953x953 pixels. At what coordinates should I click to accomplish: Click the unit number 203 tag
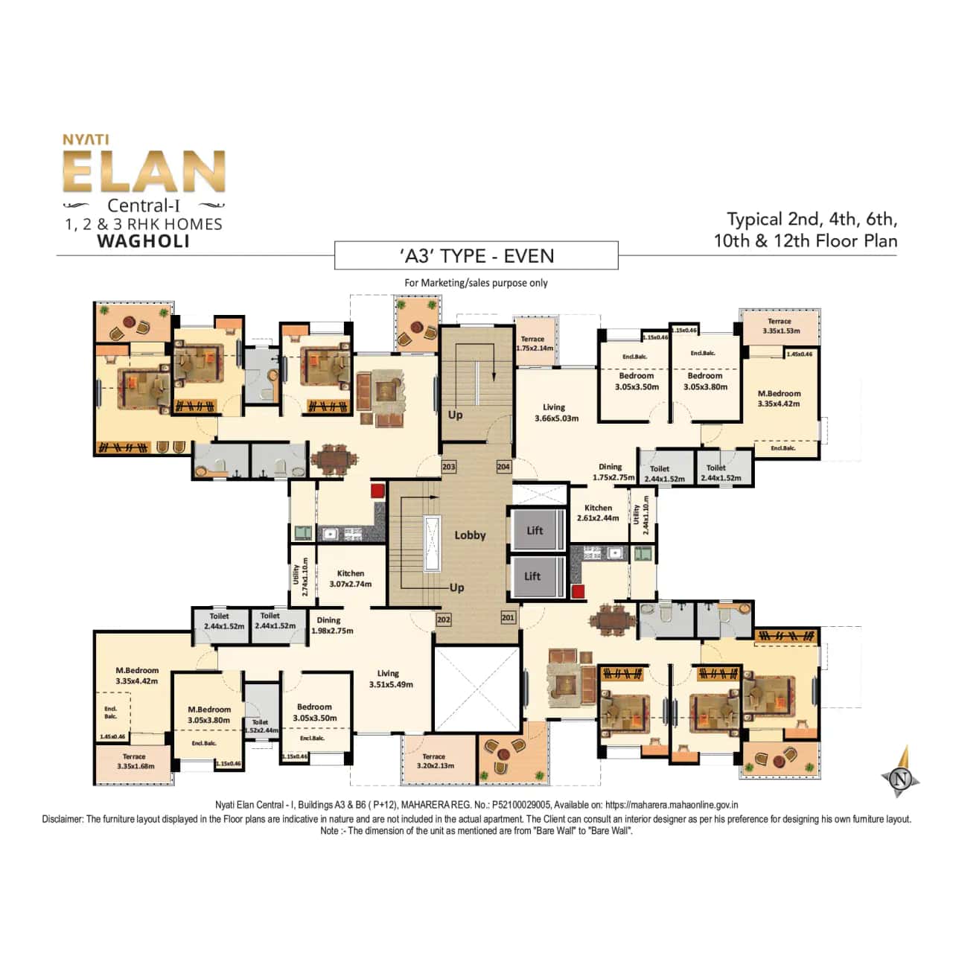click(x=449, y=467)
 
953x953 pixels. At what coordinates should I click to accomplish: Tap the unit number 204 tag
click(x=503, y=467)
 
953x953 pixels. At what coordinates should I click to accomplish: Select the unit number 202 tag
click(x=444, y=619)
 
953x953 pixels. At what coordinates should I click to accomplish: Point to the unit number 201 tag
click(x=508, y=617)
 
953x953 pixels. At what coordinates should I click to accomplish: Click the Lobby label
click(x=470, y=535)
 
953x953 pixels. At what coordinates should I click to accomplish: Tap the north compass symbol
click(x=902, y=779)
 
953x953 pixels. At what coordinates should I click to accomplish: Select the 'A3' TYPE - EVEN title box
click(x=476, y=256)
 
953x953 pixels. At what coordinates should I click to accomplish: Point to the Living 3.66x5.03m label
click(x=556, y=412)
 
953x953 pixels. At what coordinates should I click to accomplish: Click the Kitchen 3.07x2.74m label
click(x=351, y=579)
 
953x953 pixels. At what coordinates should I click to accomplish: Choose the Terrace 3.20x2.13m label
click(x=436, y=761)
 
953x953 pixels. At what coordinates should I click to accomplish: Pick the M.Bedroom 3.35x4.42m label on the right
click(x=779, y=398)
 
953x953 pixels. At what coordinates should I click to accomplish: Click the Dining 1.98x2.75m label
click(x=331, y=625)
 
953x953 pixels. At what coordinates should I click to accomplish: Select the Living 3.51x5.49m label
click(x=390, y=678)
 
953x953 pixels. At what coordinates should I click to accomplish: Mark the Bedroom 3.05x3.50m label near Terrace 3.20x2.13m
click(x=315, y=713)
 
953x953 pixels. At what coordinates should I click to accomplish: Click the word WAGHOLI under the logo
click(x=144, y=241)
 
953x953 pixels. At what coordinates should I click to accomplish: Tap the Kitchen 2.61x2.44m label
click(x=598, y=513)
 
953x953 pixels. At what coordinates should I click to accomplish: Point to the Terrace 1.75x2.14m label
click(x=535, y=343)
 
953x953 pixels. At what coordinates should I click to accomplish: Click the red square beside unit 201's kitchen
click(x=578, y=592)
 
